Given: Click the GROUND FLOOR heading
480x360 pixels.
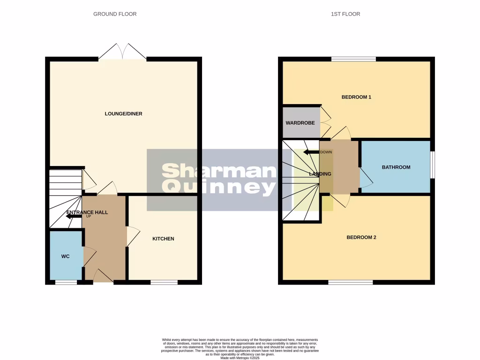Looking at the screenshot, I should click(x=115, y=14).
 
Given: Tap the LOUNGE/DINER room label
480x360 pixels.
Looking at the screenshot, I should click(x=124, y=114).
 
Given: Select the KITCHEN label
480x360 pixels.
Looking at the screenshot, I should click(x=163, y=239).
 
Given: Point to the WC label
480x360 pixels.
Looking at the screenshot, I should click(x=65, y=257).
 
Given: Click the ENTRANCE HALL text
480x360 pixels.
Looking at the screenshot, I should click(x=87, y=212).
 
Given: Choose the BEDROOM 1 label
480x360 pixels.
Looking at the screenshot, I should click(x=356, y=97).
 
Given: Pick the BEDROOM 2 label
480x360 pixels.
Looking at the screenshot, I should click(x=361, y=238).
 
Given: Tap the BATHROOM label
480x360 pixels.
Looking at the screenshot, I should click(x=396, y=167).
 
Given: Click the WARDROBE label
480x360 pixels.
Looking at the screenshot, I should click(x=300, y=123).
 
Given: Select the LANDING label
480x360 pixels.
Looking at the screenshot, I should click(x=320, y=174).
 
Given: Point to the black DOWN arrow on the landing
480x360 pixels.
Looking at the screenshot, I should click(x=311, y=152).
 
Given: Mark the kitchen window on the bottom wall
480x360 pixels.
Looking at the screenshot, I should click(x=164, y=282).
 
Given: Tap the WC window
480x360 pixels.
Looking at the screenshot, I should click(x=66, y=282).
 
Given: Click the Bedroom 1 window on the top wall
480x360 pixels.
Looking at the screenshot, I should click(x=353, y=59).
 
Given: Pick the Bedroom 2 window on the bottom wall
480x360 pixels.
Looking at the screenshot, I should click(x=351, y=282).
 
